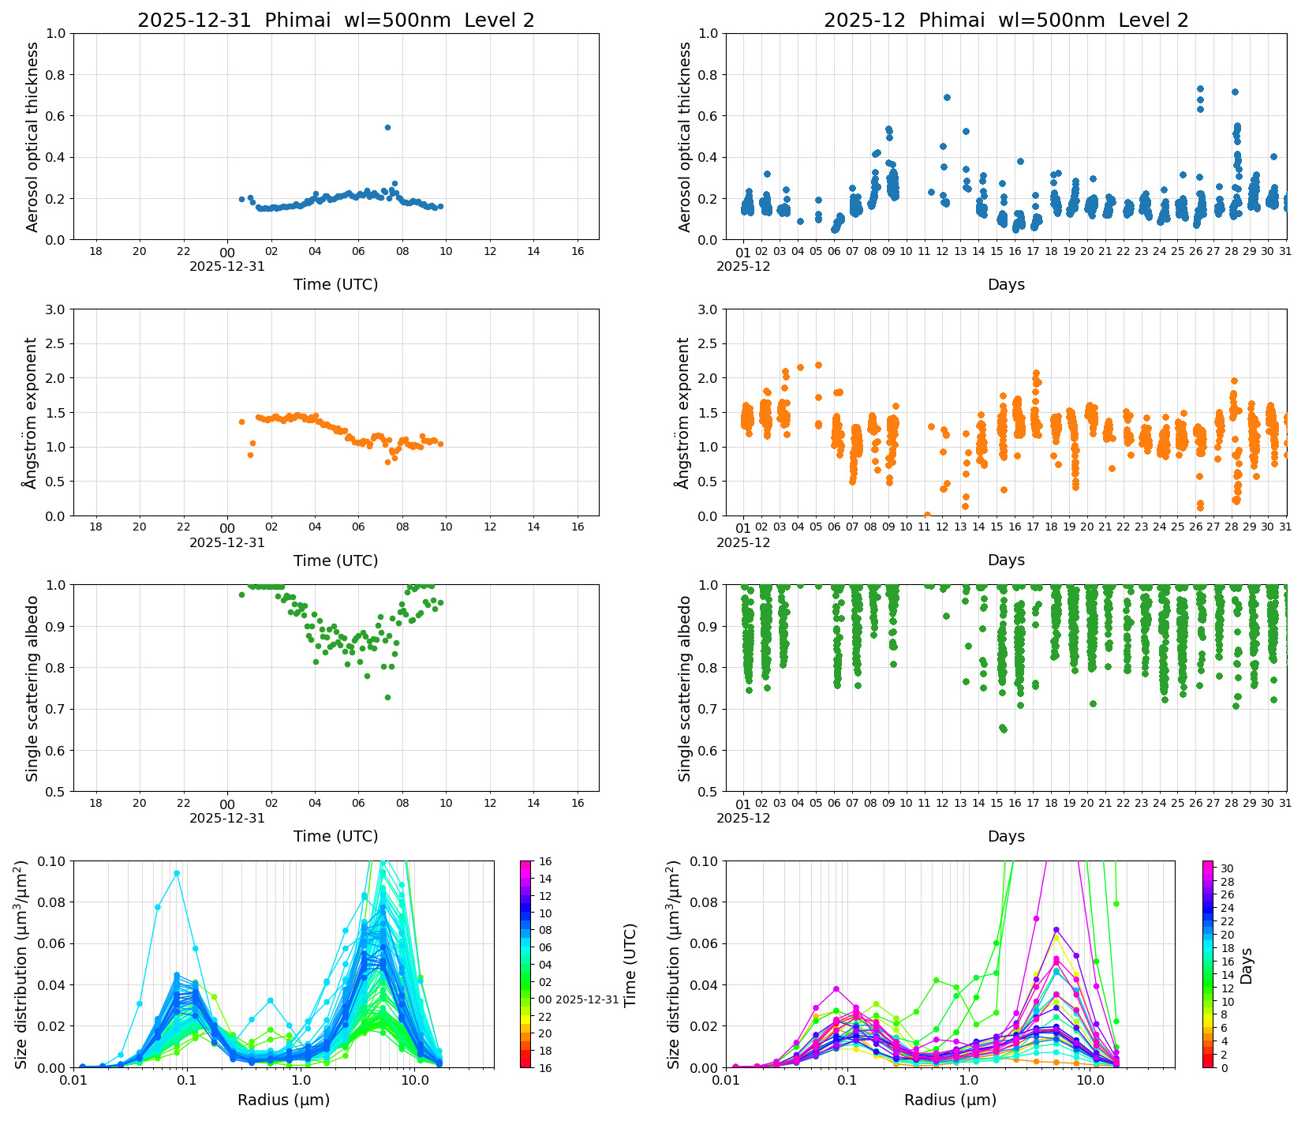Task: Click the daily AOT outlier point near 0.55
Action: (x=387, y=127)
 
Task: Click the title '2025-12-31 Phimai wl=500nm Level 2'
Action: (x=335, y=21)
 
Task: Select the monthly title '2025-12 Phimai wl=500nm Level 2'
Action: (x=1006, y=21)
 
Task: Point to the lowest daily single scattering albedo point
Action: (x=387, y=697)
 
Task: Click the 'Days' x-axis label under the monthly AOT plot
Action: (x=1006, y=284)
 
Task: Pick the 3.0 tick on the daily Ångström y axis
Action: (x=57, y=309)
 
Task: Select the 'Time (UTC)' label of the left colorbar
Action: (x=630, y=965)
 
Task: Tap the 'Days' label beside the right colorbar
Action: (x=1247, y=965)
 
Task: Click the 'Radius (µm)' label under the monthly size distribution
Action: (x=950, y=1100)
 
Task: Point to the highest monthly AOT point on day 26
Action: (x=1200, y=89)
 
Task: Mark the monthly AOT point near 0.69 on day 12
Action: (x=947, y=97)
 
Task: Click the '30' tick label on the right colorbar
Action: (x=1227, y=868)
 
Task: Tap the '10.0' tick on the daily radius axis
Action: (x=414, y=1081)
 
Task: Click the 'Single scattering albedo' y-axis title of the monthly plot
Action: (x=685, y=688)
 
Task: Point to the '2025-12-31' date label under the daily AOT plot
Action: (x=227, y=267)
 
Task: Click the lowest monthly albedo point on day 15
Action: (x=1003, y=729)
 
